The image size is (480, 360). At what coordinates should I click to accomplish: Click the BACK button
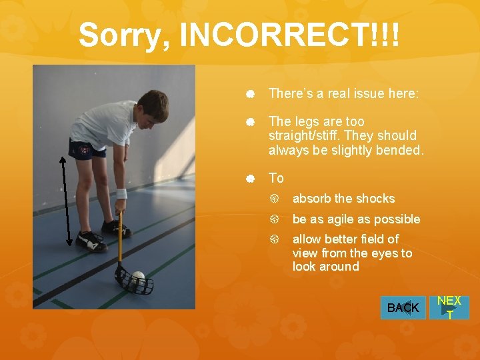click(x=403, y=307)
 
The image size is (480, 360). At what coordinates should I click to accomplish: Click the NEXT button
click(x=449, y=307)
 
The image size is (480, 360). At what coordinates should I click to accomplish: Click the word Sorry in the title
click(x=123, y=36)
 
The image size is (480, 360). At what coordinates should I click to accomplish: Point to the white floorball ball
click(x=139, y=275)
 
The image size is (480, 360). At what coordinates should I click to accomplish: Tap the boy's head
click(x=152, y=107)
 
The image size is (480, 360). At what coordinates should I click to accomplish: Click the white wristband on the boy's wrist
click(x=121, y=194)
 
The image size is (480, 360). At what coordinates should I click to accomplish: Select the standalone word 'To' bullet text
click(x=276, y=178)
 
